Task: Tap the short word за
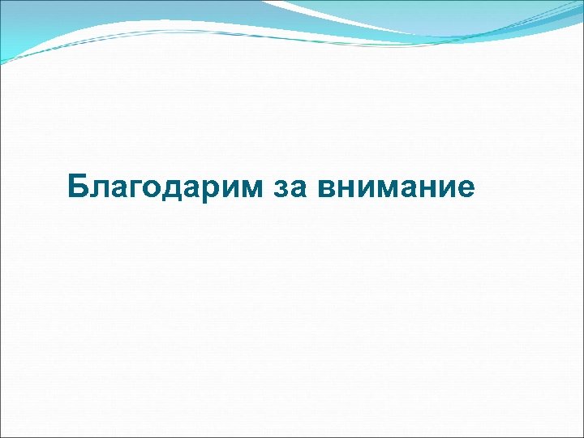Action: (x=287, y=187)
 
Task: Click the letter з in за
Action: (x=279, y=189)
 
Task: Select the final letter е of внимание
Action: (x=465, y=189)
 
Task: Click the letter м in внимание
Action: (x=386, y=189)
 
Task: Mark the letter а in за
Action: (x=295, y=189)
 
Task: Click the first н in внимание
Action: (x=346, y=189)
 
